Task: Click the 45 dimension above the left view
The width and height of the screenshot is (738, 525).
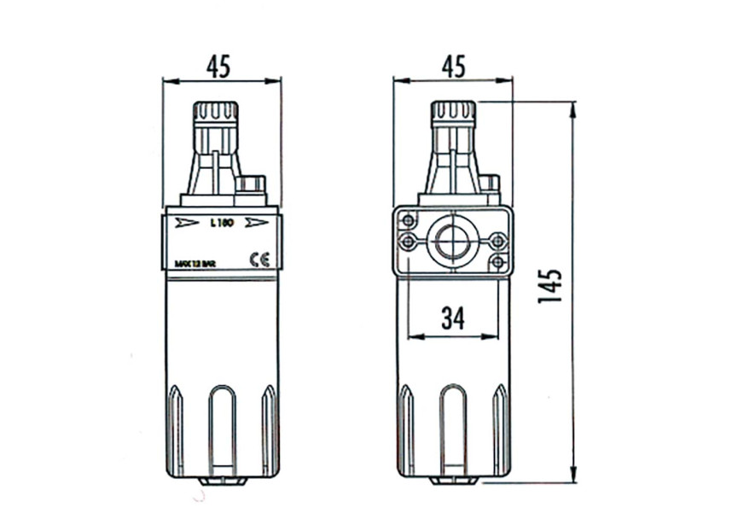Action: [x=220, y=66]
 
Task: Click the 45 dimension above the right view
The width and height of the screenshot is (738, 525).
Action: [x=453, y=66]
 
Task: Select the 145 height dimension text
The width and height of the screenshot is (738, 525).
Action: [x=550, y=286]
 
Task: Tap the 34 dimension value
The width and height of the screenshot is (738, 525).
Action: [x=453, y=318]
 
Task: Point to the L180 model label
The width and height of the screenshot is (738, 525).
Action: [x=221, y=224]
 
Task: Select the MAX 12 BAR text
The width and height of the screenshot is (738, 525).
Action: [x=194, y=264]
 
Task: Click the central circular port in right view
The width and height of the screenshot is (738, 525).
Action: [x=451, y=242]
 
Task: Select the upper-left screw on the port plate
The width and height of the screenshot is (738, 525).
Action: [x=410, y=219]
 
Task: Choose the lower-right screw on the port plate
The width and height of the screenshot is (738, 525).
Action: [x=497, y=262]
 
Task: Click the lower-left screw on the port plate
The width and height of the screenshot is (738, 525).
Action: [x=410, y=242]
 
